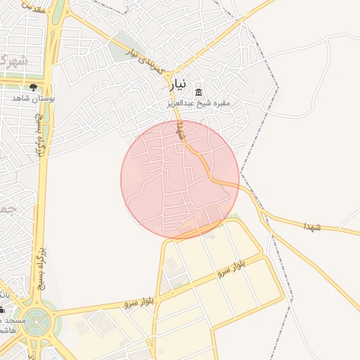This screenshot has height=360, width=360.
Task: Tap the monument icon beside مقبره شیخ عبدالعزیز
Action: (x=198, y=93)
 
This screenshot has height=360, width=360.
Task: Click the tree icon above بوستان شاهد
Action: (x=33, y=87)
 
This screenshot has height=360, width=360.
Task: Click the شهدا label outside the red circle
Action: (x=312, y=226)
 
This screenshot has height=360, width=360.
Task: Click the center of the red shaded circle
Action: (x=180, y=179)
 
